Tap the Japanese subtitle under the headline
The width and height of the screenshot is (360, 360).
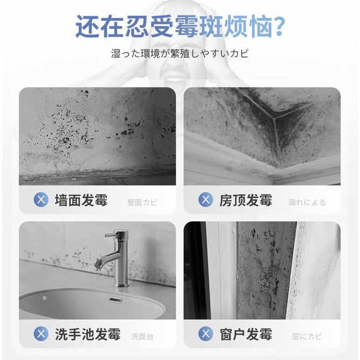click(180, 54)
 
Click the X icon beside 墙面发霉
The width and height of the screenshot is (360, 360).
click(41, 199)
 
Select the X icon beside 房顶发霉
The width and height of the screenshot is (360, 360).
click(206, 199)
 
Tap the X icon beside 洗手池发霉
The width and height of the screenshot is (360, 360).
click(41, 334)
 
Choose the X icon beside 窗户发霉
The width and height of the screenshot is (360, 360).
click(206, 334)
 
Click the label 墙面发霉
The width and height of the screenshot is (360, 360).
click(81, 200)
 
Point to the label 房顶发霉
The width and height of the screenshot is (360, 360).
click(246, 200)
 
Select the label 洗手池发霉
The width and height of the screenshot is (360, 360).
click(88, 334)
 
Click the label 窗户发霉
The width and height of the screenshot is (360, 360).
click(246, 334)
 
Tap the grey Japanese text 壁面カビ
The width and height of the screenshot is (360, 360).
click(142, 202)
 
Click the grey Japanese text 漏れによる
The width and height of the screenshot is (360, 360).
click(307, 202)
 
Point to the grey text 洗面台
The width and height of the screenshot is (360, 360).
click(142, 336)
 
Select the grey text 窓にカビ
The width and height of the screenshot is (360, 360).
click(307, 336)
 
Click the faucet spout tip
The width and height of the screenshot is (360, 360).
click(98, 265)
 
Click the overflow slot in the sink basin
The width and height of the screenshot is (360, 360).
click(116, 300)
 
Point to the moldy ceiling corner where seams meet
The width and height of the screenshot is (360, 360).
click(273, 118)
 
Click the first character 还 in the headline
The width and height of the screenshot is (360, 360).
click(88, 26)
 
